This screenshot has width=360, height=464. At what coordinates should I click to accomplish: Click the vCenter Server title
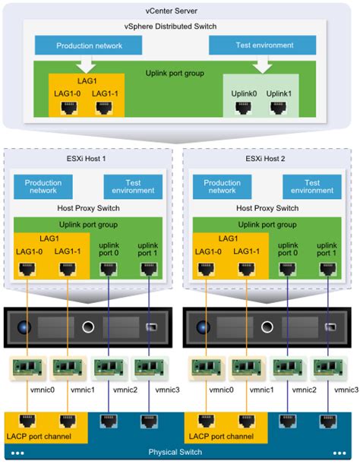coord(171,11)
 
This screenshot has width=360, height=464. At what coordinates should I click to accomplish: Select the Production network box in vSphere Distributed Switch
coord(89,46)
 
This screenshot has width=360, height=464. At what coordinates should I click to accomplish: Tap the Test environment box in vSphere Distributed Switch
coord(262,45)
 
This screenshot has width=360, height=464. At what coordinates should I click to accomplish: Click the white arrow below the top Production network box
coord(87,64)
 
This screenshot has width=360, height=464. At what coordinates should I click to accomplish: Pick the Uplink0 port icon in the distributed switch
coord(244,108)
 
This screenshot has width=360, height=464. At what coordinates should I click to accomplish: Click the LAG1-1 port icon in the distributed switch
coord(104,108)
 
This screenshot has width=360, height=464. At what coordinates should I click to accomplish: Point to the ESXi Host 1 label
coord(86,159)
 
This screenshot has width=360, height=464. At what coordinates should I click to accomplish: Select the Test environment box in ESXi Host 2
coord(312,187)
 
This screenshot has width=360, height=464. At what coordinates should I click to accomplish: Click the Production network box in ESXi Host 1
coord(43,187)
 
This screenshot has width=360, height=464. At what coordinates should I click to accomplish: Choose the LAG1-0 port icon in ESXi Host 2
coord(206,270)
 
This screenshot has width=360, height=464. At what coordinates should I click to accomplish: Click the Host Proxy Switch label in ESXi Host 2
coord(267,208)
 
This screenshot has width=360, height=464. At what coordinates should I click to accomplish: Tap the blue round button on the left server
coord(24,327)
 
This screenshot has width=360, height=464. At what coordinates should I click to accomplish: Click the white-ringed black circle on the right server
coord(267,327)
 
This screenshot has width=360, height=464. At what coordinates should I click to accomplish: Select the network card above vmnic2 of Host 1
coord(109,368)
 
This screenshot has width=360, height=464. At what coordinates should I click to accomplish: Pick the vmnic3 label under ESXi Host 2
coord(346,390)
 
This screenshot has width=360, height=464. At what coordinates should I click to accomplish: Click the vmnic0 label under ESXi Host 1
coord(43,390)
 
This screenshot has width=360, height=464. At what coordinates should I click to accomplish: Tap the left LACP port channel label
coord(39,436)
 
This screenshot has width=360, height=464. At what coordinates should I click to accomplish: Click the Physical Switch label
coord(175,452)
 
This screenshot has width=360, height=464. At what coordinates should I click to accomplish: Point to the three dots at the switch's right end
coord(339,453)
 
